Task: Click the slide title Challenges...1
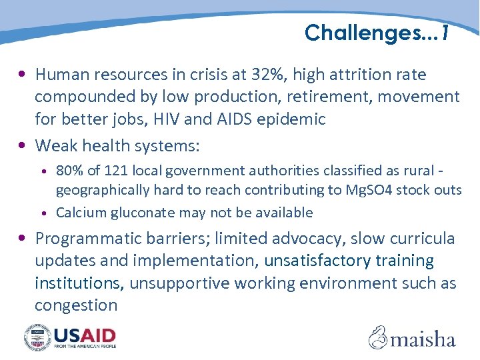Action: pyautogui.click(x=377, y=32)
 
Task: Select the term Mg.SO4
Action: pyautogui.click(x=370, y=190)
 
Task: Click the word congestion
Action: pyautogui.click(x=76, y=305)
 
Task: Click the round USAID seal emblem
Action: pyautogui.click(x=37, y=337)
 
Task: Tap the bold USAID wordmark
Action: pyautogui.click(x=85, y=334)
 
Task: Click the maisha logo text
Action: pyautogui.click(x=423, y=339)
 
